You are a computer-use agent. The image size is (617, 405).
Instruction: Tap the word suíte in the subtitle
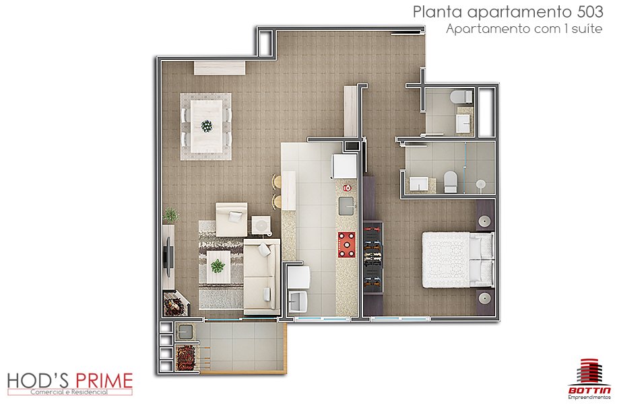tap(587, 28)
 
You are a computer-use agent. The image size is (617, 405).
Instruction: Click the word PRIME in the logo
tap(104, 381)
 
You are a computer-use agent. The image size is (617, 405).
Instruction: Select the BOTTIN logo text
tap(589, 390)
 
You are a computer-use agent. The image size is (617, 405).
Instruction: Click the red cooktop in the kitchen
tap(346, 245)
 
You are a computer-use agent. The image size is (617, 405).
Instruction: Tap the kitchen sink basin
tap(347, 206)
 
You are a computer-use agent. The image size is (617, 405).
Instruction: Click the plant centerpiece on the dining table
tap(207, 126)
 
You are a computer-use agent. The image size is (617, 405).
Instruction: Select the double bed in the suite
tap(457, 260)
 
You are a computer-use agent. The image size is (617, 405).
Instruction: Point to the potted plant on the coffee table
tap(218, 266)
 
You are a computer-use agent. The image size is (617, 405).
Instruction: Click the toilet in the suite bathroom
tap(450, 181)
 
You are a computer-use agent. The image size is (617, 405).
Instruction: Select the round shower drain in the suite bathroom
tap(480, 184)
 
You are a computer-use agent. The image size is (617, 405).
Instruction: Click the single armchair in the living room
tap(232, 219)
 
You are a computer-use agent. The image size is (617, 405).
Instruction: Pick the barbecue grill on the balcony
tap(186, 357)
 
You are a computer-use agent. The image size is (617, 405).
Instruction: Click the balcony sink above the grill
tap(185, 332)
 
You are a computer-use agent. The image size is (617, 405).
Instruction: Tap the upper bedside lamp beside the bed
tap(485, 221)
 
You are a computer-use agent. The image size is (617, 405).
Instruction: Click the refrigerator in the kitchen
tap(345, 165)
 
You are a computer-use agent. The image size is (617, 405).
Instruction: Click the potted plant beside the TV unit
tap(171, 215)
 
